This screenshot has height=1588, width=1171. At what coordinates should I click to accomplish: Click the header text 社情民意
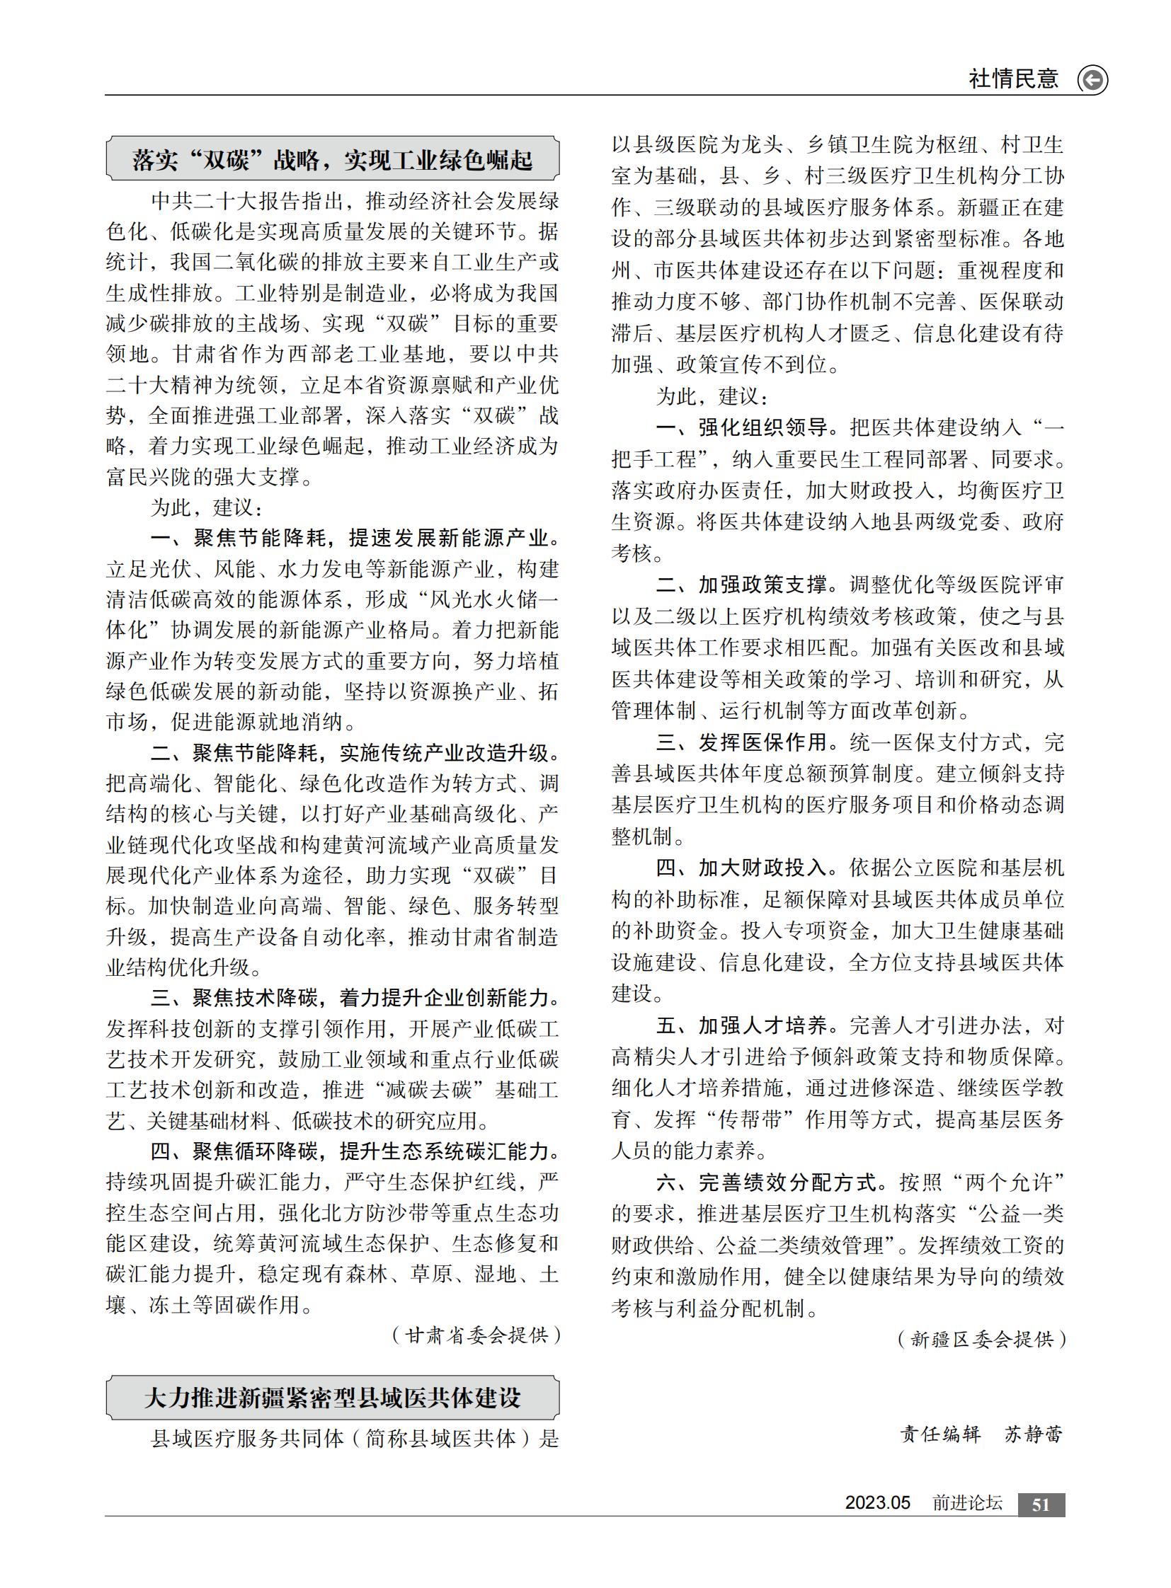click(x=1013, y=79)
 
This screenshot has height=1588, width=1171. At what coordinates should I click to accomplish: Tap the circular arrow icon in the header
click(x=1092, y=79)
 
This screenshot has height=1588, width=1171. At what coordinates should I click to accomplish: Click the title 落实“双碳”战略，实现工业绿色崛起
click(x=332, y=160)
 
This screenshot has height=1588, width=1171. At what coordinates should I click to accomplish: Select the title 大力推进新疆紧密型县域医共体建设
click(x=332, y=1398)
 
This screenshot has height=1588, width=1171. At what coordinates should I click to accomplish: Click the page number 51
click(x=1041, y=1504)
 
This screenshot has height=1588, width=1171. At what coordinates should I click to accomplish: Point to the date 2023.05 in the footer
click(x=876, y=1503)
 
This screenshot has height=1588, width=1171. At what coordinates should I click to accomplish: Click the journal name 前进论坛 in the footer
click(x=967, y=1503)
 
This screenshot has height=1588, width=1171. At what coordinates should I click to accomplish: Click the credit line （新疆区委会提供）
click(x=982, y=1339)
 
